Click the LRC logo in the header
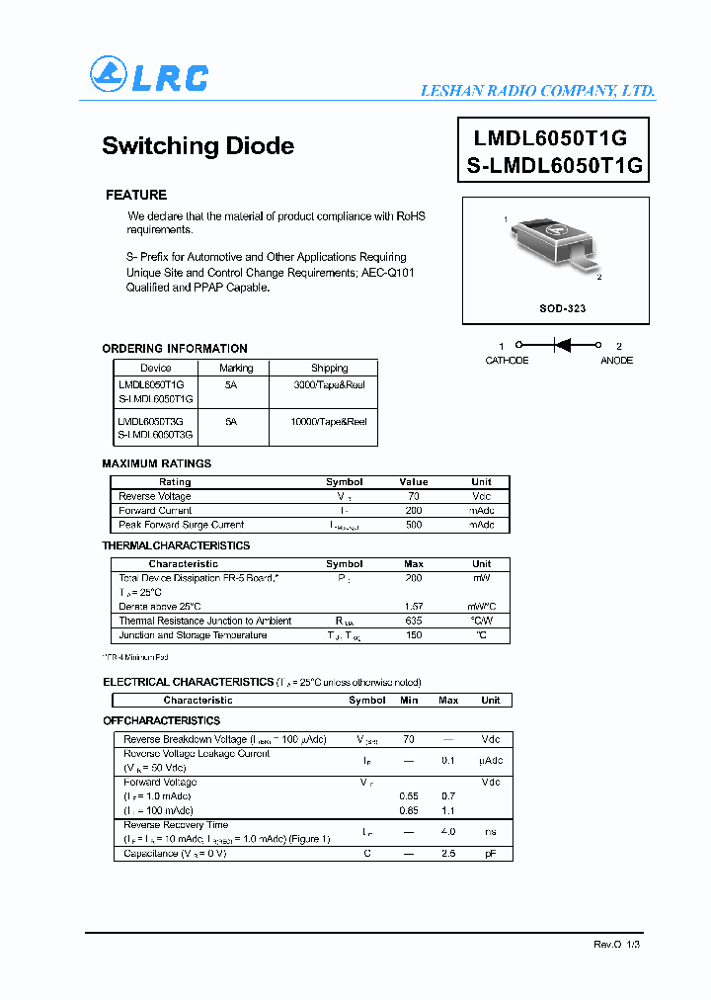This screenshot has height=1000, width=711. [149, 76]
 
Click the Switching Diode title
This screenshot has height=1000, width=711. [197, 145]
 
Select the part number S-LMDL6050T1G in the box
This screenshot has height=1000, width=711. [555, 166]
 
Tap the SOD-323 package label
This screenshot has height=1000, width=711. [562, 308]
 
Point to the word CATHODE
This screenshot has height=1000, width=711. [507, 361]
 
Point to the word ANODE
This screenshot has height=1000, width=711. [617, 361]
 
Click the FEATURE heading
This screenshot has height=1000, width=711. [136, 195]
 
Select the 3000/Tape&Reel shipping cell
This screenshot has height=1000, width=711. [329, 385]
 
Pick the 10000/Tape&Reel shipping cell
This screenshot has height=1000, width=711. [329, 421]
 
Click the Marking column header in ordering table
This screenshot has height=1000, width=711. [236, 368]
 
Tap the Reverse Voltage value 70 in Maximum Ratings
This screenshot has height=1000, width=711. [414, 496]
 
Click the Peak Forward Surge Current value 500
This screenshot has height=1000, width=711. [414, 525]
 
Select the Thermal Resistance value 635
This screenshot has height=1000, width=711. [414, 621]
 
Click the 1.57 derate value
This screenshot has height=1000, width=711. [414, 606]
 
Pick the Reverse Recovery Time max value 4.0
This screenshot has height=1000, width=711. [447, 832]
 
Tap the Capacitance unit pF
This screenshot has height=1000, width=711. [490, 853]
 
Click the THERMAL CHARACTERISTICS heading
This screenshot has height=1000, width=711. [176, 545]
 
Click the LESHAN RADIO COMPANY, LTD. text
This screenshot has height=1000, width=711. [537, 91]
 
